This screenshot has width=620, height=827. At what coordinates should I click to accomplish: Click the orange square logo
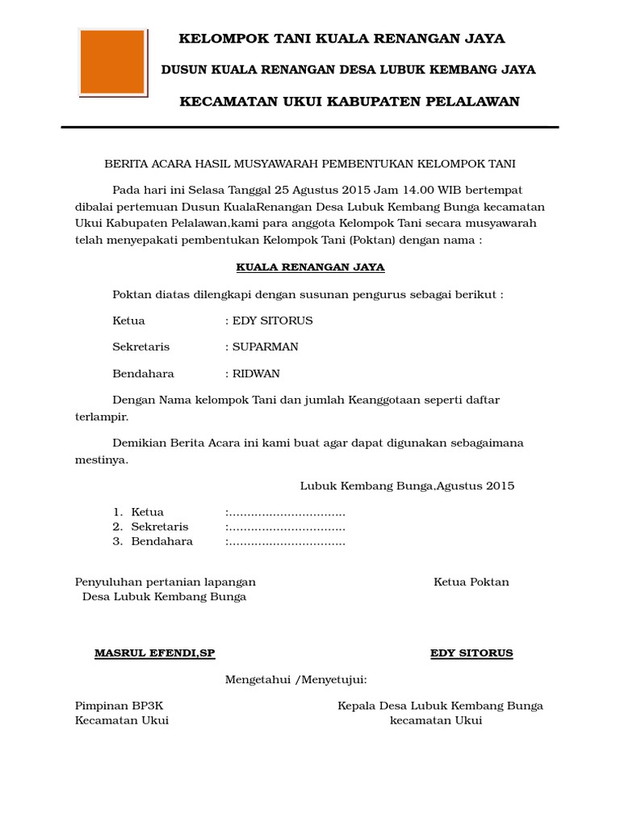click(x=112, y=62)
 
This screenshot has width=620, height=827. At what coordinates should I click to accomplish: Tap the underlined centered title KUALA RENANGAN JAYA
click(x=310, y=267)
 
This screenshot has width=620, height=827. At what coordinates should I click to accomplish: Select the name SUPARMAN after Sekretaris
click(x=266, y=346)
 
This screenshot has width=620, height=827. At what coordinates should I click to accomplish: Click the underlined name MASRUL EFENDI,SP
click(x=155, y=653)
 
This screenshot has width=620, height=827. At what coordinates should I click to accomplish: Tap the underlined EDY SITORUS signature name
click(x=471, y=653)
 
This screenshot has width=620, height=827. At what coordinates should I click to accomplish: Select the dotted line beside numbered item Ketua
click(x=286, y=512)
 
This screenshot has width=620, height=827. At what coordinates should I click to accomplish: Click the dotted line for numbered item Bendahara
click(x=286, y=541)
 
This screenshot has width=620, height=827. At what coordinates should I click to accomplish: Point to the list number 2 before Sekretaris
click(x=117, y=527)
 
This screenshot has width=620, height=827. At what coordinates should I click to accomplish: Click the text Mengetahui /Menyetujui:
click(x=295, y=680)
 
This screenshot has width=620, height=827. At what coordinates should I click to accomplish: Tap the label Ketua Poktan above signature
click(x=471, y=581)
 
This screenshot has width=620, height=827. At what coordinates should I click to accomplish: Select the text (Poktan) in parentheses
click(x=350, y=241)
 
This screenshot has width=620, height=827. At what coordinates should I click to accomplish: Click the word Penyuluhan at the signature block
click(x=106, y=581)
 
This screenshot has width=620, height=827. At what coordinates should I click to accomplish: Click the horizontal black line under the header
click(x=310, y=127)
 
